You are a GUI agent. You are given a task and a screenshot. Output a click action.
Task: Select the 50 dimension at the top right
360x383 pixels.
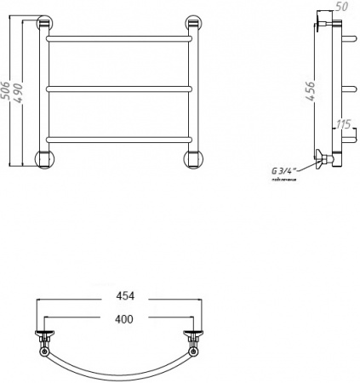343,7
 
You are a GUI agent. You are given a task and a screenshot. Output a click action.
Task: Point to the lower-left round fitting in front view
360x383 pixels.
43,157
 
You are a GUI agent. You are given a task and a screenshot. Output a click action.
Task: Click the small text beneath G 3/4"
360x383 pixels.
284,180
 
